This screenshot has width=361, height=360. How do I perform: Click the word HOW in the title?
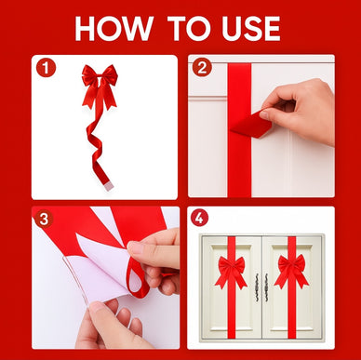tap(114, 29)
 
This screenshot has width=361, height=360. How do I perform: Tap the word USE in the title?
tap(251, 29)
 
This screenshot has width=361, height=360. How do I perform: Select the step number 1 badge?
tap(46, 68)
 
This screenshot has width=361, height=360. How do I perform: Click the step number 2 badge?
tap(202, 67)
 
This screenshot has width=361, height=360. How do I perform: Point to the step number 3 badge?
tap(44, 219)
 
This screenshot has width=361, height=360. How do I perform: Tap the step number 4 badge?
tap(199, 218)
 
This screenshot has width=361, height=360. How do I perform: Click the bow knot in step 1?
tap(100, 78)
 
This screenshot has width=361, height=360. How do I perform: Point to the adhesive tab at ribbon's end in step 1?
tap(109, 186)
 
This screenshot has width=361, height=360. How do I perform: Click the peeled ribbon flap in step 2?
tap(252, 125)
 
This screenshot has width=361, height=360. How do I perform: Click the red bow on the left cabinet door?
tap(231, 271)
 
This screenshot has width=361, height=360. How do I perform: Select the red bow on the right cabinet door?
tap(292, 271)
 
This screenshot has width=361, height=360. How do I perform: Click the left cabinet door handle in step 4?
tap(257, 287)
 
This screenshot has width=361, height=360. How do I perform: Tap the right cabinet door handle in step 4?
tap(267, 287)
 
